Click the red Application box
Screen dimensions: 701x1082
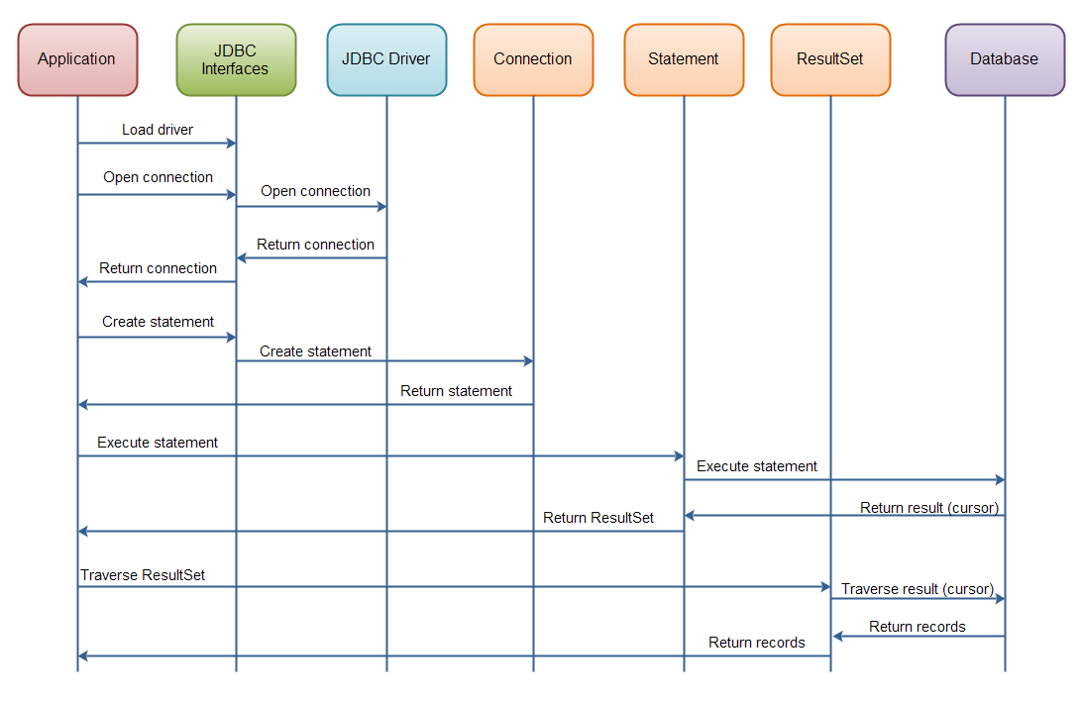point(77,59)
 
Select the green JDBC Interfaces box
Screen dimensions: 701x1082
point(236,59)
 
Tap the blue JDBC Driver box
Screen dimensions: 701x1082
point(386,59)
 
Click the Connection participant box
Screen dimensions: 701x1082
point(533,59)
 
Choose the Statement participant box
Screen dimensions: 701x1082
point(684,59)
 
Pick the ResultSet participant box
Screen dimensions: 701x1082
point(830,59)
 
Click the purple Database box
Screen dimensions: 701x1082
point(1005,59)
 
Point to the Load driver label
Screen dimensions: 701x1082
point(158,130)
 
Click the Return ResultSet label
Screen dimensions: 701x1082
point(598,518)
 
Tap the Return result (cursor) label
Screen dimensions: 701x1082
point(929,508)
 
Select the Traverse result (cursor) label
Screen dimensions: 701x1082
point(918,589)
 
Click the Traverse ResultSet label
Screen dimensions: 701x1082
point(143,575)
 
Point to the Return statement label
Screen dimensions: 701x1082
point(456,391)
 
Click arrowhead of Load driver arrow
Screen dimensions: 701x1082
point(231,144)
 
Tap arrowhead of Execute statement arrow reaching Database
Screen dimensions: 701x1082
point(1000,480)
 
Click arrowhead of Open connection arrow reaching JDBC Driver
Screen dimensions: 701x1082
point(381,207)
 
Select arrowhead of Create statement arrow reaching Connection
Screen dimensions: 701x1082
point(528,361)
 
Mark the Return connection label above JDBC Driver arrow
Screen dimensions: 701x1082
point(315,245)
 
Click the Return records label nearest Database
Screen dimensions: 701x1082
point(918,627)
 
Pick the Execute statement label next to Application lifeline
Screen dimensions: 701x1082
point(158,443)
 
